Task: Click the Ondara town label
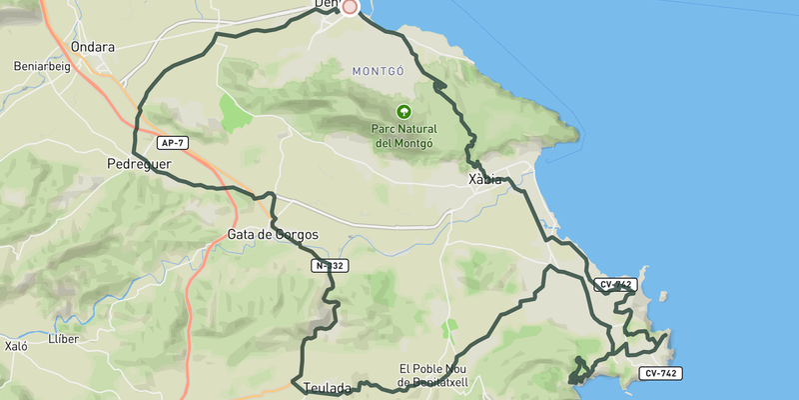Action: [93, 47]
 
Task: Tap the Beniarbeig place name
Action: [41, 66]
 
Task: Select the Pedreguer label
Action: [140, 163]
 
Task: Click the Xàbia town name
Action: [484, 180]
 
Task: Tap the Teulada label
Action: [327, 387]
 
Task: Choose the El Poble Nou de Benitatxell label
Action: [440, 374]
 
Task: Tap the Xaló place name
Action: [16, 346]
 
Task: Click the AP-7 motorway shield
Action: [171, 143]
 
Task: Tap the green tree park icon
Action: [404, 112]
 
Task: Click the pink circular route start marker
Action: [350, 7]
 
